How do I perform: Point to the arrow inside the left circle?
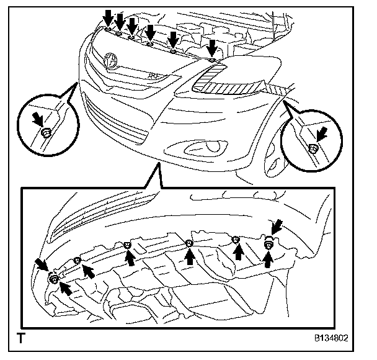39,118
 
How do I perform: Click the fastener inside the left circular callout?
47,132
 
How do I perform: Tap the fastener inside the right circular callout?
313,147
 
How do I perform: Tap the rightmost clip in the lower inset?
268,244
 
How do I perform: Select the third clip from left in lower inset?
127,244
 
